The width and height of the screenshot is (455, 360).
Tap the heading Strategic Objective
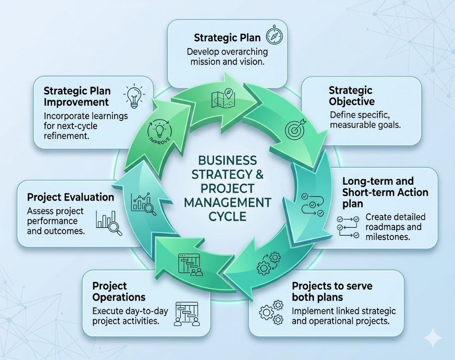(351, 96)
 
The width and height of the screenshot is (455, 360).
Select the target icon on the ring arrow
(295, 128)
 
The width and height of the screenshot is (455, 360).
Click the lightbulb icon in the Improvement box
(134, 96)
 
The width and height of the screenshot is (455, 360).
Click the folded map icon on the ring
(223, 98)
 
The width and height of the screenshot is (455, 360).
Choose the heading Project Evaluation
(70, 198)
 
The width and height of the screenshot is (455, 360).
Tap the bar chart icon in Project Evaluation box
(109, 223)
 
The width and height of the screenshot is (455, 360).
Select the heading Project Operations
(118, 292)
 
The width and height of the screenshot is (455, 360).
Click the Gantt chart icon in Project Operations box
(187, 314)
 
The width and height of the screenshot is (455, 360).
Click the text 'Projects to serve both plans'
(332, 292)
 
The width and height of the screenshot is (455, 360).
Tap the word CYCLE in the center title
(227, 216)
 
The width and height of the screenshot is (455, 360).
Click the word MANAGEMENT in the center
(227, 203)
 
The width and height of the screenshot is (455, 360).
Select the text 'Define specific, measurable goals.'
(365, 120)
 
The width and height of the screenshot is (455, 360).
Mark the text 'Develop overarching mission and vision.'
(227, 57)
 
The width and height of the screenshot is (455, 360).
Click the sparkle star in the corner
(433, 337)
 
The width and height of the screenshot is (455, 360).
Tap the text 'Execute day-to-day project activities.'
(130, 316)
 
